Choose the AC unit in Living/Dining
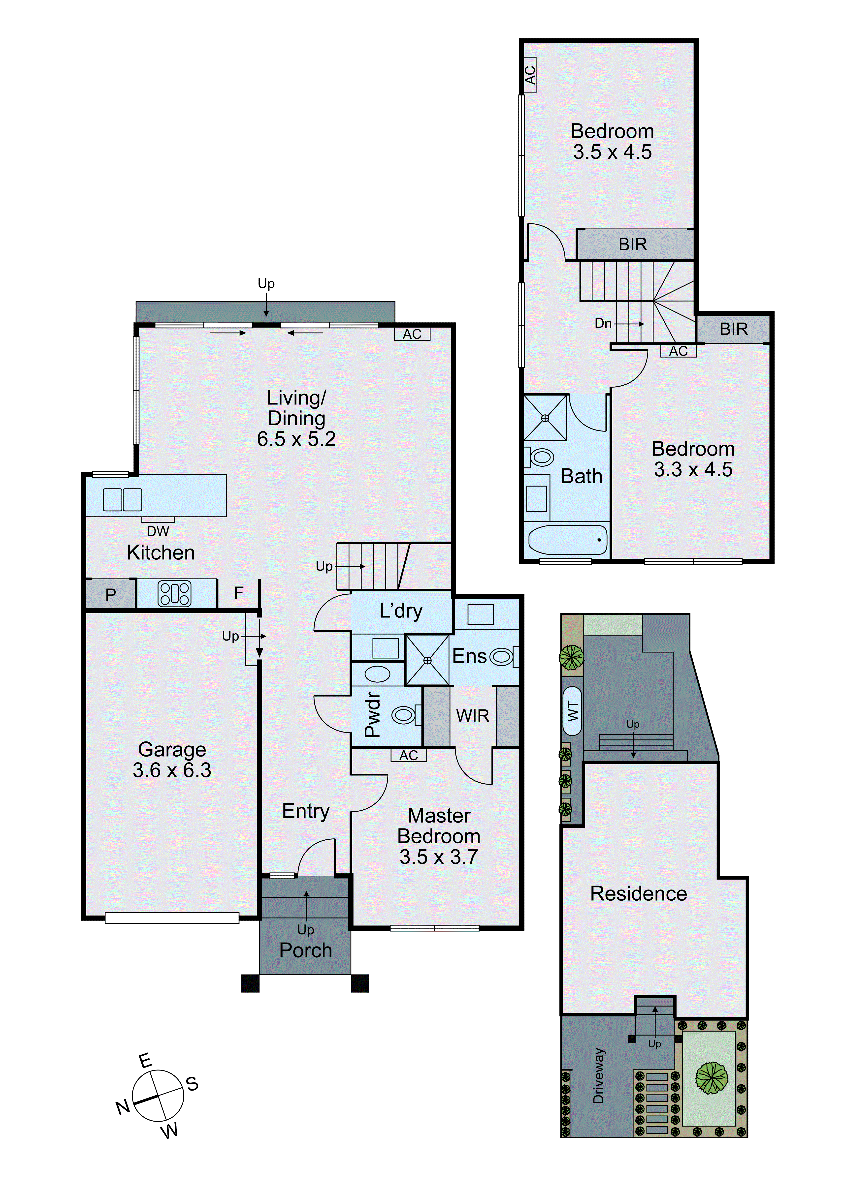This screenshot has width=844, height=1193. [412, 334]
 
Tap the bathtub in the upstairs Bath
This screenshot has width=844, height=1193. [568, 540]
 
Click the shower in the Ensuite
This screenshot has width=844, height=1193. [427, 660]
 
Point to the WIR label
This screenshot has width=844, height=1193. [472, 716]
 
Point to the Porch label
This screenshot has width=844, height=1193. [306, 950]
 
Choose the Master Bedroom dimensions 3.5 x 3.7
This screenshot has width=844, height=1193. [439, 857]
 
